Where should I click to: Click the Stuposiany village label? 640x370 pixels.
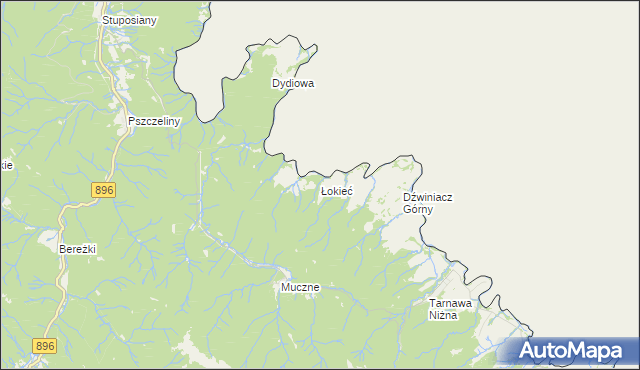point(130,20)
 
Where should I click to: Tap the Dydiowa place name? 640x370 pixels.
point(293,84)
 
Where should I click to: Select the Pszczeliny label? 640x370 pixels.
point(153,121)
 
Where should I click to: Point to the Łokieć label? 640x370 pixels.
point(335,191)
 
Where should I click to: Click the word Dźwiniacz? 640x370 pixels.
point(427,198)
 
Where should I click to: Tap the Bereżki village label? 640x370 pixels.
point(77,249)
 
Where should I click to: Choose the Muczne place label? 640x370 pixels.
point(299,287)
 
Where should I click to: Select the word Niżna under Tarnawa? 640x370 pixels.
point(443,315)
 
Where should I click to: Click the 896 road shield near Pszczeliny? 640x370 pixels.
point(103,190)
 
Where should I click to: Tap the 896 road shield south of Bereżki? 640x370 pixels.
point(45,346)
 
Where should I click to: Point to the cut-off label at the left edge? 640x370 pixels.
point(6,165)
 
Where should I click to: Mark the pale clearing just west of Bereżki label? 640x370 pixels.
point(47,238)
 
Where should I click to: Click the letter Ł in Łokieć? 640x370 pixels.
point(323,191)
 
